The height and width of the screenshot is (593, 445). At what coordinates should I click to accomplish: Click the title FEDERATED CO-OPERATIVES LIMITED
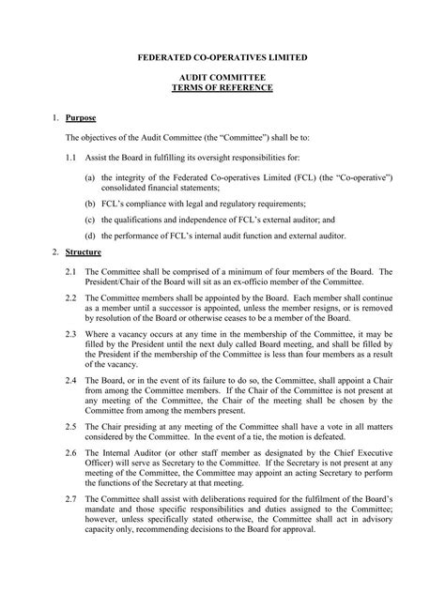coord(222,57)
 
